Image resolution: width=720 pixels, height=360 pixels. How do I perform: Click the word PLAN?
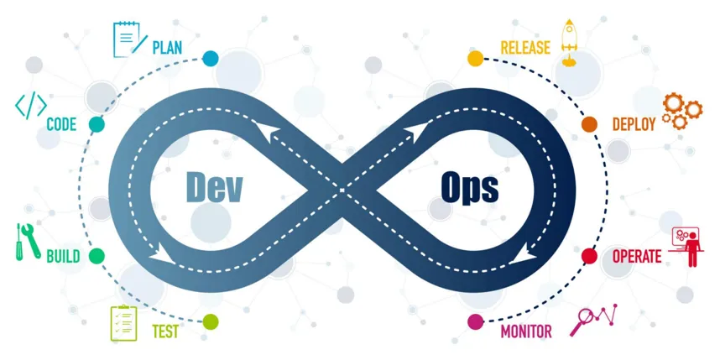coord(167,47)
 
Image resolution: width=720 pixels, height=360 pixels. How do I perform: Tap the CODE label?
coord(61,125)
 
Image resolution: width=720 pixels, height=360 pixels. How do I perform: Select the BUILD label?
coord(63,256)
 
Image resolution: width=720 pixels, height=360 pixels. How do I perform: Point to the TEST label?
coord(165,331)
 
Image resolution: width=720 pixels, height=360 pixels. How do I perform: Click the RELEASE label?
coord(525,47)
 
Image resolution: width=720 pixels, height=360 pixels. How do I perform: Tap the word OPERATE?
coord(637,256)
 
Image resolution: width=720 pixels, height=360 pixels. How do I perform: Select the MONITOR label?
coord(526,331)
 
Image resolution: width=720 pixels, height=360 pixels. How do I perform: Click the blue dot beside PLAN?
coord(210,59)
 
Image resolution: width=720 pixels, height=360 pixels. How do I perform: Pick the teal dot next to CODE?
coord(97,124)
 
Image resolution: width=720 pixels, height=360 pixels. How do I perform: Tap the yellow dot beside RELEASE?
coord(475,59)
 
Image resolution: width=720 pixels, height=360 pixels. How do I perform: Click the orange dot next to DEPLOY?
coord(589,124)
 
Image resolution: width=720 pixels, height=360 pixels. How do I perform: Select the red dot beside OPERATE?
coord(589,256)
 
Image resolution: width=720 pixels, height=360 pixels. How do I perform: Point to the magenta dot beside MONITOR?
coord(475,321)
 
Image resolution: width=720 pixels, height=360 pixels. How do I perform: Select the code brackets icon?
coord(31,107)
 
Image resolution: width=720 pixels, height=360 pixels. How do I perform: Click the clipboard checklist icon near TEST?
coord(123,323)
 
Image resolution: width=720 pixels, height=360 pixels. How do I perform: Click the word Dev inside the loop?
coord(213,186)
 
